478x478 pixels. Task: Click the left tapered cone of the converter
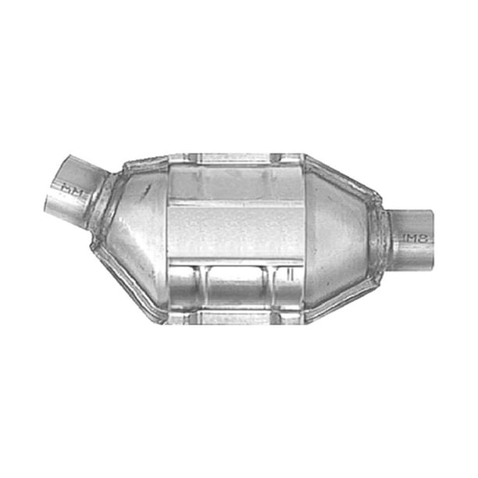pos(133,227)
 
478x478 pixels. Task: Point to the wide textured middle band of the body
pos(234,227)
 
